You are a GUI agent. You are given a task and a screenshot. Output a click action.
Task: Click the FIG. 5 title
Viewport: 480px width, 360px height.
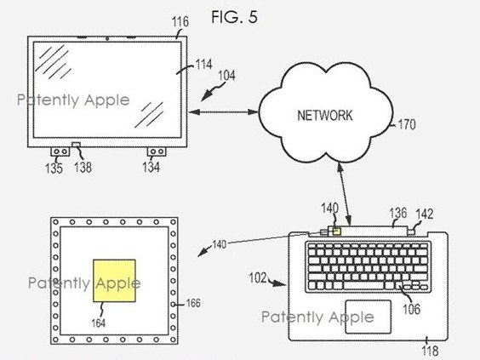click(x=235, y=17)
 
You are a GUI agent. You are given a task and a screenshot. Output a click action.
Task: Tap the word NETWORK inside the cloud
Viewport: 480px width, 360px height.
click(x=325, y=116)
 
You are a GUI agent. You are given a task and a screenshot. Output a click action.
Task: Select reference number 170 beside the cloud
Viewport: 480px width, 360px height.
click(x=407, y=124)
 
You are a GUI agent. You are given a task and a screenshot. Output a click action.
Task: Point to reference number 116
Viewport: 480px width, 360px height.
click(x=180, y=22)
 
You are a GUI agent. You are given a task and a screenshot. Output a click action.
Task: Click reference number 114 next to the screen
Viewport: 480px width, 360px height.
click(x=204, y=65)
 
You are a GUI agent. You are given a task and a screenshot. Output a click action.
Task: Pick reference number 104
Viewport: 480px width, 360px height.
click(x=227, y=76)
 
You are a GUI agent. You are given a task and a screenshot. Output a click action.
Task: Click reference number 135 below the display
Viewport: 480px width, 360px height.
click(x=54, y=168)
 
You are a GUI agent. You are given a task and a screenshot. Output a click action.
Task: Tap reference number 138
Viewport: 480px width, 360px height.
click(x=83, y=167)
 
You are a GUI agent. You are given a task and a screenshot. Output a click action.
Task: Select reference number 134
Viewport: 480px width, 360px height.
click(x=151, y=167)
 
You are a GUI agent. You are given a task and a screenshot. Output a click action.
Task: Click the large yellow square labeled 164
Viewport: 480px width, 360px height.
click(x=115, y=281)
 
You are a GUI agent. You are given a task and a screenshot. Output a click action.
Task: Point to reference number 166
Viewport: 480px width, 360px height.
click(x=193, y=303)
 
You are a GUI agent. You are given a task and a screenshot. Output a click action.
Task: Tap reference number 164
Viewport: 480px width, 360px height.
click(x=98, y=323)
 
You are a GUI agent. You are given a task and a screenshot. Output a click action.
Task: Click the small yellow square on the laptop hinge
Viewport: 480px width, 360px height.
click(x=337, y=231)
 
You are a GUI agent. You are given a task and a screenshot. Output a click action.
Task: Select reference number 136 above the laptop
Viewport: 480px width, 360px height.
click(x=398, y=214)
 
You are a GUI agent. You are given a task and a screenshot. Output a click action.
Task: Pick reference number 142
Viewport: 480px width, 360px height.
click(x=425, y=214)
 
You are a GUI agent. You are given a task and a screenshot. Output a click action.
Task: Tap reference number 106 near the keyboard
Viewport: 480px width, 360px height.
click(x=412, y=309)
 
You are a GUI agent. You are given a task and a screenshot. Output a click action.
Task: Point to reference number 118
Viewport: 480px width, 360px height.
click(x=431, y=351)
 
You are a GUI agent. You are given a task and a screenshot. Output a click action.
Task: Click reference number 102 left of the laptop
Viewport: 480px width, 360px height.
click(x=258, y=277)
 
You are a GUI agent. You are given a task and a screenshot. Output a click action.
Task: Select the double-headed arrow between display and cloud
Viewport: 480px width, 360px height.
click(x=224, y=112)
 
